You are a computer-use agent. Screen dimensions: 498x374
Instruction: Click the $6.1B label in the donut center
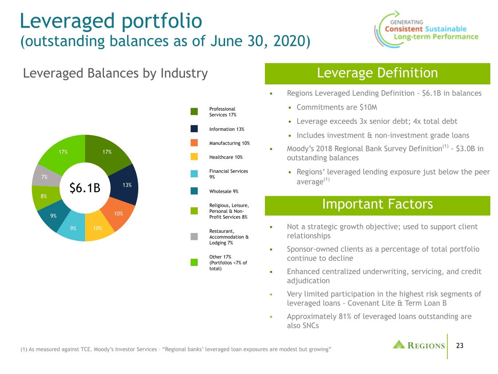click(x=85, y=188)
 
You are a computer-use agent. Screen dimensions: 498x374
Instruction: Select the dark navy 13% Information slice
click(x=125, y=185)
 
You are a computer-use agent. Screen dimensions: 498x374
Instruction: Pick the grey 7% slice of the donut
click(x=45, y=176)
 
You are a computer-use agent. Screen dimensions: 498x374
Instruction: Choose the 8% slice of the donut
click(x=44, y=196)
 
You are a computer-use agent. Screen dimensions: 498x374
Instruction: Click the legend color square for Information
click(x=194, y=129)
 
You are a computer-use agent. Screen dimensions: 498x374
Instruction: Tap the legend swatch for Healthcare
click(x=194, y=157)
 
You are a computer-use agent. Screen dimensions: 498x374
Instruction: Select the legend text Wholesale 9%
click(x=224, y=191)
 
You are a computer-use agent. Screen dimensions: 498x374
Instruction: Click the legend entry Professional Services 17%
click(x=223, y=112)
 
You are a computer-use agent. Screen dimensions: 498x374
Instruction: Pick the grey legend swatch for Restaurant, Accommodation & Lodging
click(x=194, y=236)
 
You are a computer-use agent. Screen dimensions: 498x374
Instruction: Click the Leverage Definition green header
click(x=377, y=73)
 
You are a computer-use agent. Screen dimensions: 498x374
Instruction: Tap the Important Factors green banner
click(x=377, y=206)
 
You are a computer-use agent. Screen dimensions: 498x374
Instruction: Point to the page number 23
click(x=459, y=346)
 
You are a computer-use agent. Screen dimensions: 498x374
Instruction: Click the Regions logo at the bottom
click(x=419, y=345)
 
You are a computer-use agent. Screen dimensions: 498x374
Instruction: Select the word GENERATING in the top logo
click(x=406, y=22)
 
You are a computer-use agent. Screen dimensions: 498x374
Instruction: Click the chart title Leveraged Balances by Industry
click(x=115, y=73)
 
